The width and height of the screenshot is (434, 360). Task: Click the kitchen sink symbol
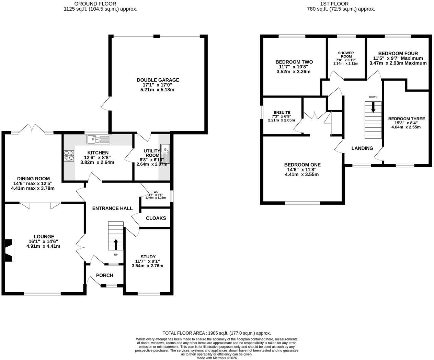pos(98,139)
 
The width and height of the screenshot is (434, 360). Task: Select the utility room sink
pos(165,154)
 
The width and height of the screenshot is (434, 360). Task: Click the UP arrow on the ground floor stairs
pos(116,245)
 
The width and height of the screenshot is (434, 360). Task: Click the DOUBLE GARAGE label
pos(158,80)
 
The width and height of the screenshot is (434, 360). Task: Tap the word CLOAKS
pos(156,218)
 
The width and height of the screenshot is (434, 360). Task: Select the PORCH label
pos(104,275)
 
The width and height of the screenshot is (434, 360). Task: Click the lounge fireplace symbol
pos(10,250)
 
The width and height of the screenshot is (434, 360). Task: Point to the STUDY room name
pos(148,257)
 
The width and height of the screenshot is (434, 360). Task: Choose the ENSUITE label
pos(282,113)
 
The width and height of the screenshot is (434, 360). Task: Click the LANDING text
pos(362,148)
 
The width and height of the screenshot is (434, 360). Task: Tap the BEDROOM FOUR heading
pos(398,54)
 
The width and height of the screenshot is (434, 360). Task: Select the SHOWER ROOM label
pos(346,55)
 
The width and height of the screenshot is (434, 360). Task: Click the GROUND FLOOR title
pos(95,4)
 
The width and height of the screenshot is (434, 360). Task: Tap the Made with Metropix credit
pos(217,358)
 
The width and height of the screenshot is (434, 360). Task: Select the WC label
pos(156,192)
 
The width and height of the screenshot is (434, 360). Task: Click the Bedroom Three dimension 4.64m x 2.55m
pos(406,127)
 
